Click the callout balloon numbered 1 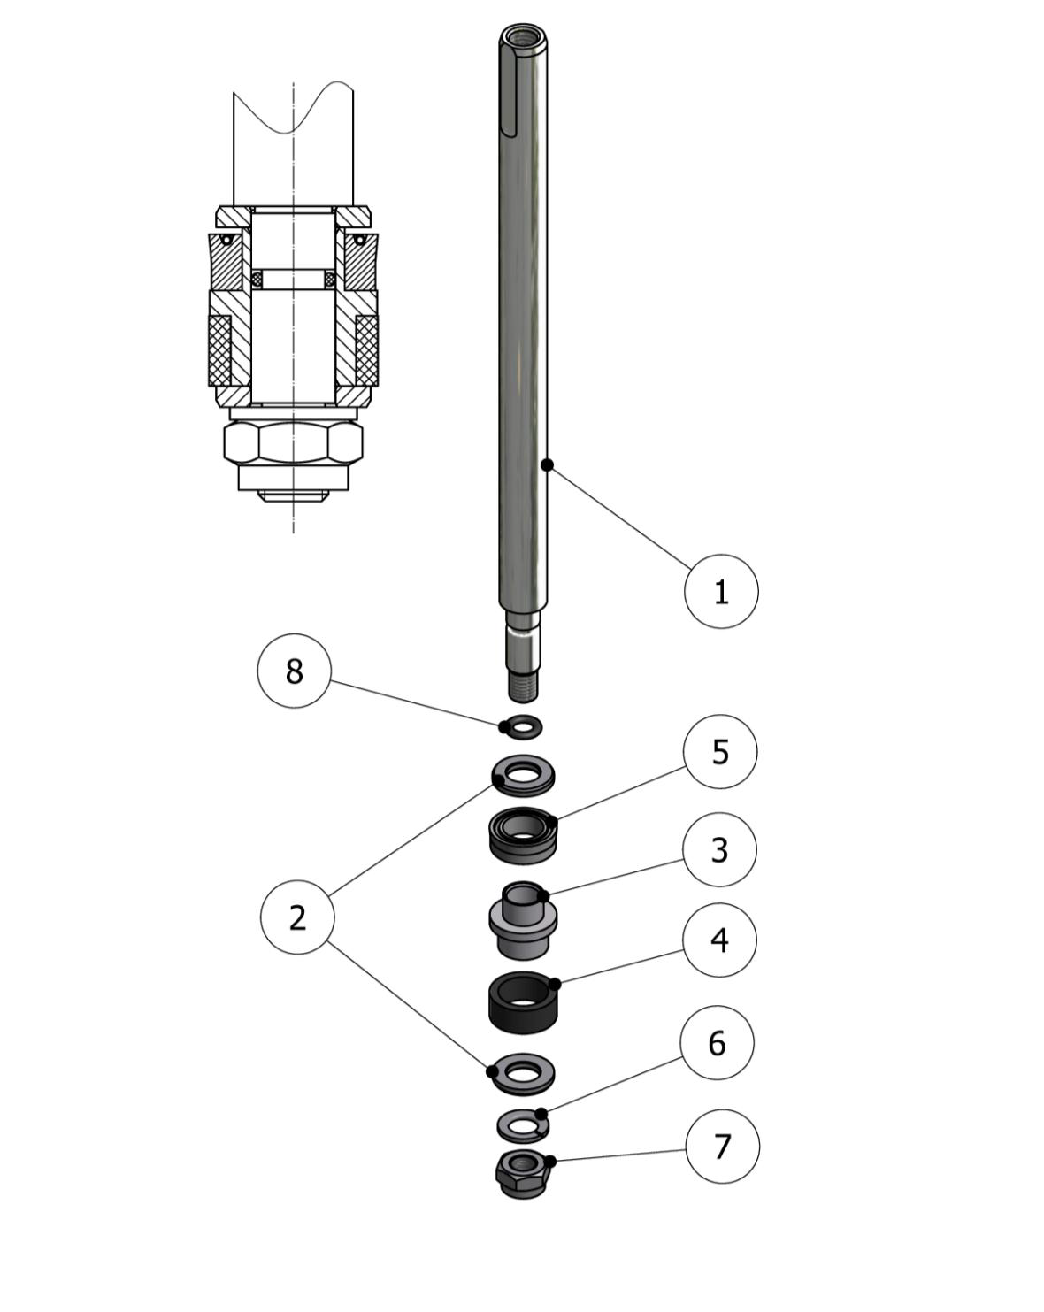pyautogui.click(x=721, y=591)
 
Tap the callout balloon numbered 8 pyautogui.click(x=294, y=670)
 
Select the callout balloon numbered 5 pyautogui.click(x=720, y=751)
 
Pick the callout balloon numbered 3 pyautogui.click(x=719, y=849)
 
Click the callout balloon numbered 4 pyautogui.click(x=719, y=940)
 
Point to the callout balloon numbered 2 pyautogui.click(x=297, y=917)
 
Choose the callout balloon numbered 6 pyautogui.click(x=718, y=1042)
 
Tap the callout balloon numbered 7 pyautogui.click(x=723, y=1147)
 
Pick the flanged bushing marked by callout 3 pyautogui.click(x=523, y=921)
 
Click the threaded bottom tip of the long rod pyautogui.click(x=524, y=686)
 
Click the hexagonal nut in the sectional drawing pyautogui.click(x=294, y=441)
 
